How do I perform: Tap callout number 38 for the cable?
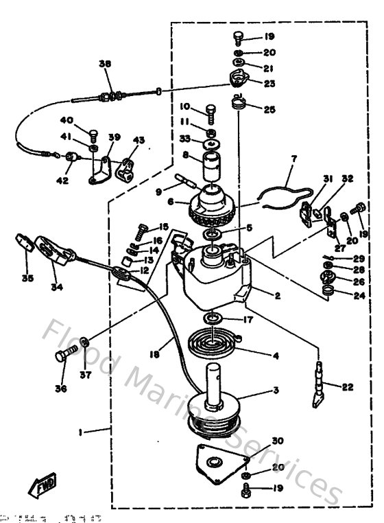tap(104, 64)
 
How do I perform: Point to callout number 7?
tap(293, 159)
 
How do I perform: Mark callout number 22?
tap(347, 388)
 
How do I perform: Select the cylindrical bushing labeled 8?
tap(211, 169)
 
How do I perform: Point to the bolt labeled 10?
tap(210, 110)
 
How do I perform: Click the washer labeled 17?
tap(212, 318)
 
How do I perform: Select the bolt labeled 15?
tap(143, 229)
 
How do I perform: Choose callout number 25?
tap(269, 109)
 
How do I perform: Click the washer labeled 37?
tap(83, 342)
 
